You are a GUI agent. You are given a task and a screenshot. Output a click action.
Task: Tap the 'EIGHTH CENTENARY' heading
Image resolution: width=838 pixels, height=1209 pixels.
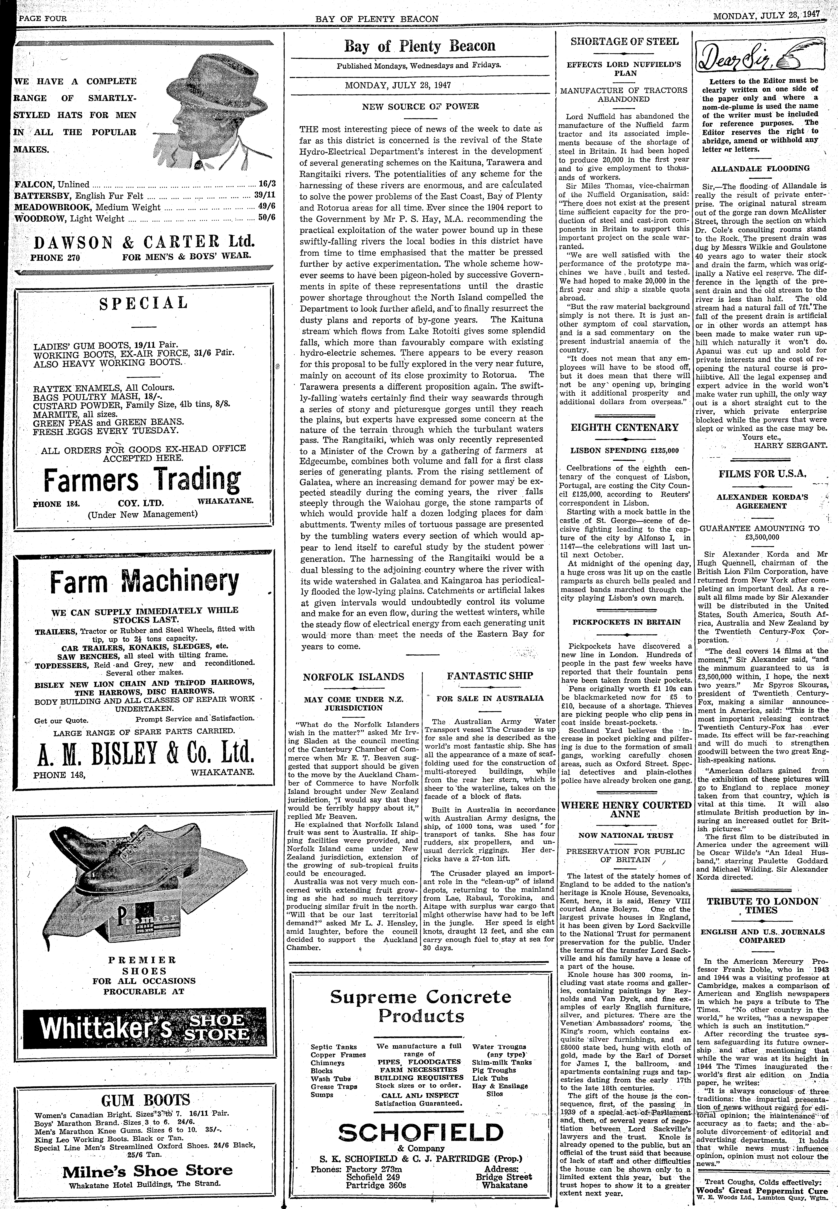624,427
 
